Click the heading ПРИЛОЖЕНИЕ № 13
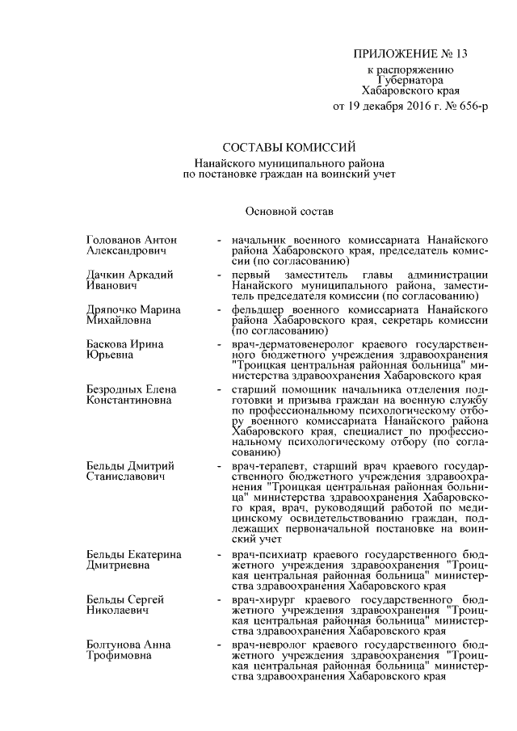tap(410, 54)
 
